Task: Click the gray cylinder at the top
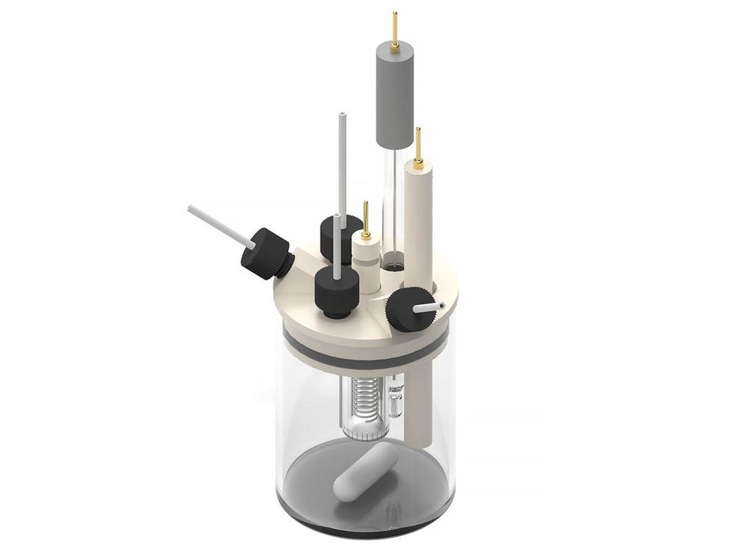point(394,96)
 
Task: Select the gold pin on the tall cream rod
point(418,147)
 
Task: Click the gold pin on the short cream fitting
point(366,219)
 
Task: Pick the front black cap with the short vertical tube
point(336,292)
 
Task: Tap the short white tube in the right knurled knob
point(430,307)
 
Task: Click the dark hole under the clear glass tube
point(393,267)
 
